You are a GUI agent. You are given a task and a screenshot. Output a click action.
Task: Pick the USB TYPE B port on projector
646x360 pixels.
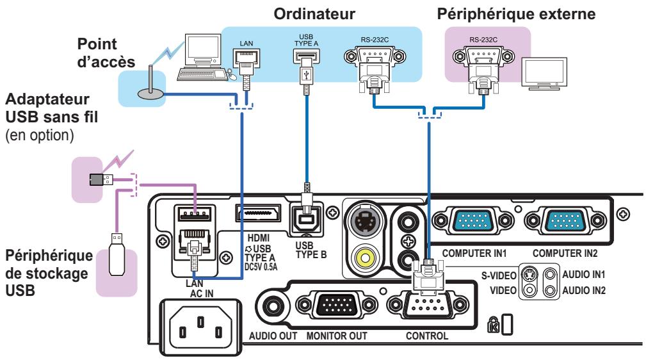point(308,218)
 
